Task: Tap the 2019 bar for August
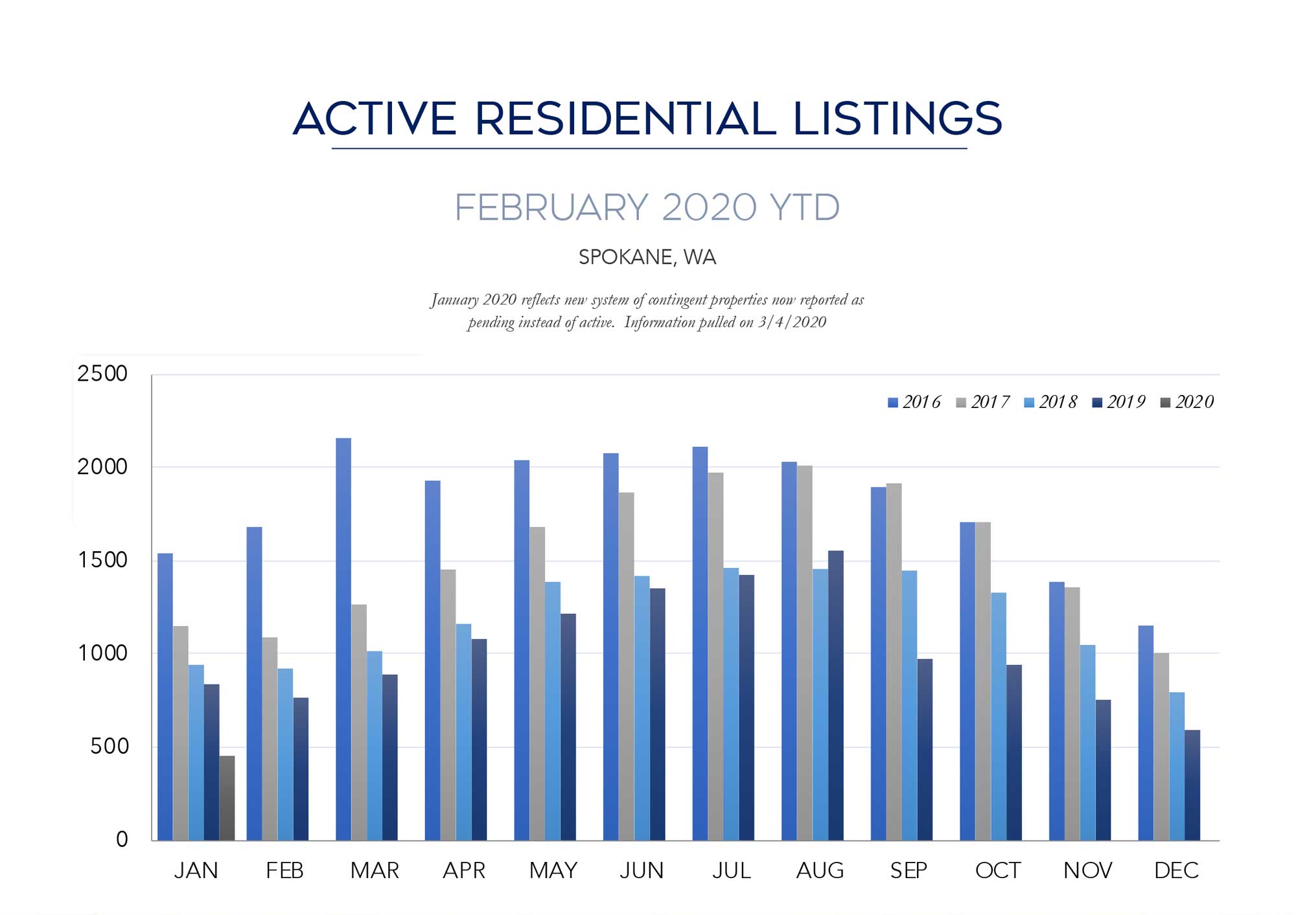tap(836, 695)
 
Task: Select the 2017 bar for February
tap(270, 739)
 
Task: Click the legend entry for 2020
tap(1186, 402)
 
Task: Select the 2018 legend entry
tap(1050, 402)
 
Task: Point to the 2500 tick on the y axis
tap(102, 374)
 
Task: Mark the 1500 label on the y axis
tap(102, 560)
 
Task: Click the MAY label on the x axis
tap(553, 870)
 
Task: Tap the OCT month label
tap(998, 870)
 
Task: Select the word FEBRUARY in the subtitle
tap(551, 207)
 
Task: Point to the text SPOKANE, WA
tap(647, 257)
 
